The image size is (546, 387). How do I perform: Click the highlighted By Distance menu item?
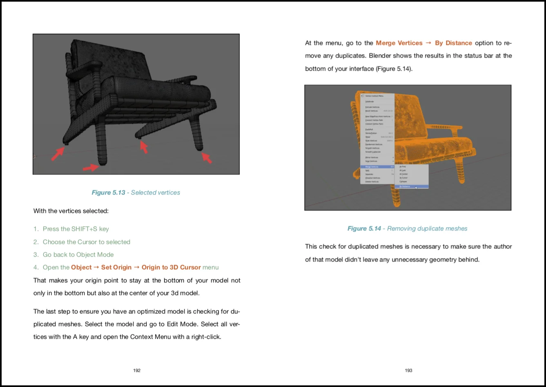pyautogui.click(x=412, y=186)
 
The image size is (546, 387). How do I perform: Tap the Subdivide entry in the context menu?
pyautogui.click(x=370, y=101)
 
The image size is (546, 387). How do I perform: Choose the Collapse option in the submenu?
pyautogui.click(x=403, y=181)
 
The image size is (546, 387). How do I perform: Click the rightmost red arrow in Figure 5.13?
pyautogui.click(x=207, y=158)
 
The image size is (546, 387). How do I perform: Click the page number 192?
pyautogui.click(x=137, y=370)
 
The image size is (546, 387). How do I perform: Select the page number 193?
pyautogui.click(x=408, y=370)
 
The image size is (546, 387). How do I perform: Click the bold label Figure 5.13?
pyautogui.click(x=108, y=192)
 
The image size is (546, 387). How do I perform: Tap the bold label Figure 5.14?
pyautogui.click(x=364, y=228)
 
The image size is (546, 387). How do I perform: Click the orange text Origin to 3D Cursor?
pyautogui.click(x=171, y=267)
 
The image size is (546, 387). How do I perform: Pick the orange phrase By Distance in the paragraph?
pyautogui.click(x=453, y=43)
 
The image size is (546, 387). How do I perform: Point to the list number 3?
pyautogui.click(x=36, y=255)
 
